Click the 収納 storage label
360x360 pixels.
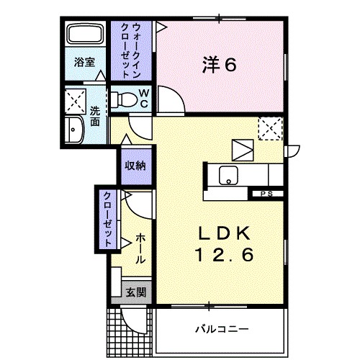pos(135,166)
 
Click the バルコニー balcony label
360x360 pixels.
pos(221,330)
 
